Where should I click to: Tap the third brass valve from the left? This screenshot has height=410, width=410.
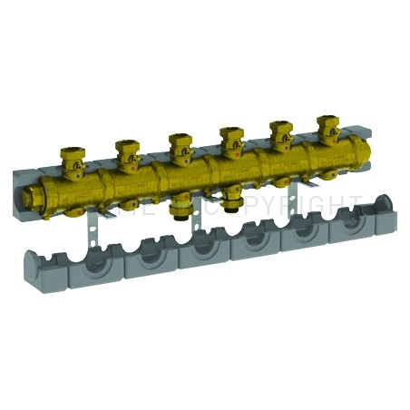pyautogui.click(x=178, y=143)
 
